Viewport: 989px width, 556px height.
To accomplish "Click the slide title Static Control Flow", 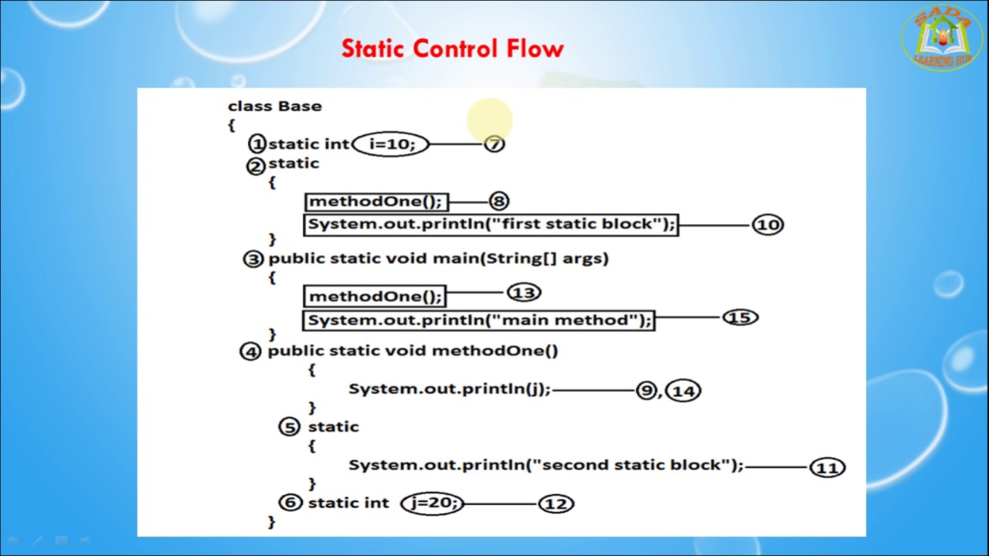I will (x=453, y=49).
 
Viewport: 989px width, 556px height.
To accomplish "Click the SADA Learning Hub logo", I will (x=942, y=38).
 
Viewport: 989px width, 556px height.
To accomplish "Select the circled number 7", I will (x=494, y=144).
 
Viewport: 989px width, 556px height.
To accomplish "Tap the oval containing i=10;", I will (x=390, y=144).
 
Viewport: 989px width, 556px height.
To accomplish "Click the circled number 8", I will (x=499, y=202).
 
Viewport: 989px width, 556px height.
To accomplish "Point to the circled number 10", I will (x=767, y=225).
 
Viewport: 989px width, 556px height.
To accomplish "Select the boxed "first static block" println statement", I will (x=491, y=225).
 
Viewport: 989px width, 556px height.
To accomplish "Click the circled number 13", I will (x=524, y=293).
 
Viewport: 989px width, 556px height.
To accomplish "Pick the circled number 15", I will (x=740, y=317).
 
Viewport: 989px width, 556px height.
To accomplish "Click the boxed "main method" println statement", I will (x=479, y=320).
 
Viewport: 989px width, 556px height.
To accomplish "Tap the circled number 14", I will (x=684, y=392).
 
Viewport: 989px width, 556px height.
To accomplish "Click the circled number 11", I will (x=827, y=468).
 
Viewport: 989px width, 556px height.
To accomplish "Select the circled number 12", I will (x=556, y=504).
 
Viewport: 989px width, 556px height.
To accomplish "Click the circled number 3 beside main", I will (x=253, y=259).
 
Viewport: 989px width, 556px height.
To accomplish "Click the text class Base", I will (x=275, y=107).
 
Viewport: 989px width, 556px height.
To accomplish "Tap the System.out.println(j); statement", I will (x=450, y=388).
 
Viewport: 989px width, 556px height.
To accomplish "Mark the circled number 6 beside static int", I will (x=290, y=503).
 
